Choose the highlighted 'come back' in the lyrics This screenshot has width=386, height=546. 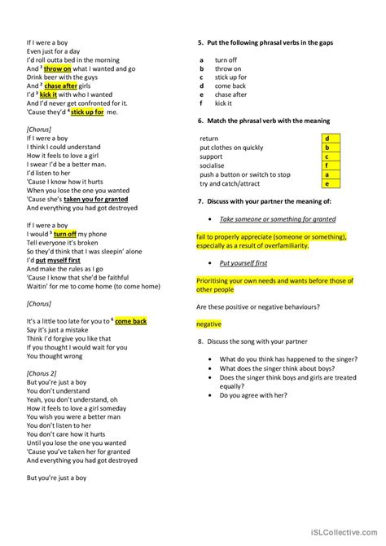[130, 321]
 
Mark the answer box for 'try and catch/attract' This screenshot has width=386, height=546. [327, 183]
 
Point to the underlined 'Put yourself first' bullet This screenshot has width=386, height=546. [244, 263]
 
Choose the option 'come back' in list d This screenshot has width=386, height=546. [230, 85]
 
